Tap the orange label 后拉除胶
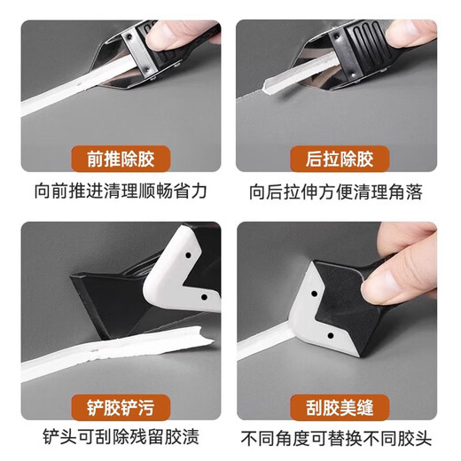[337, 160]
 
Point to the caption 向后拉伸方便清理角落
[337, 190]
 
